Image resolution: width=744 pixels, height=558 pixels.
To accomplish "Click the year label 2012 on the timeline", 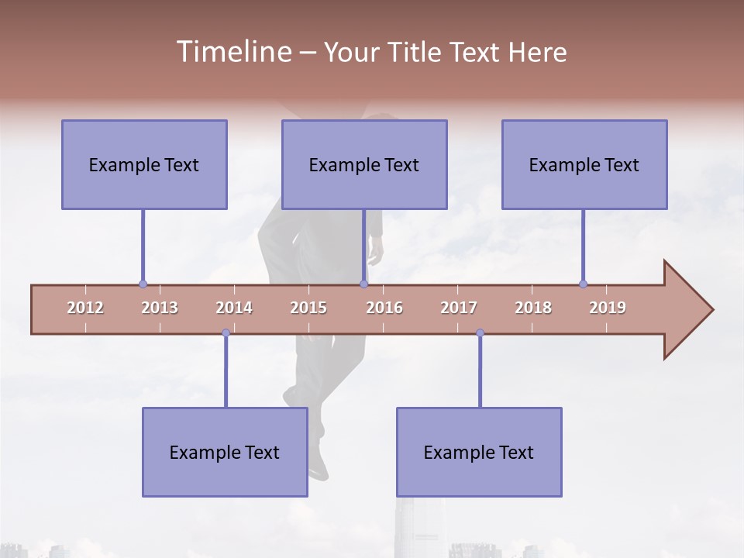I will coord(85,308).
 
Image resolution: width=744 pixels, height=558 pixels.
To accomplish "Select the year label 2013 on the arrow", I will coord(160,308).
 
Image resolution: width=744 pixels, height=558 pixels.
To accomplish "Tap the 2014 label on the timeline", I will coord(234,308).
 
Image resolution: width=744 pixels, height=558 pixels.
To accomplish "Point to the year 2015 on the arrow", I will coord(308,308).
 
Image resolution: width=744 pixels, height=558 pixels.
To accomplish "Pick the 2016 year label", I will coord(384,308).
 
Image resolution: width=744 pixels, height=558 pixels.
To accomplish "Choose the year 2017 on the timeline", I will coord(459,308).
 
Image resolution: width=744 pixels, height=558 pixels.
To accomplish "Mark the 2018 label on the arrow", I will coord(533,308).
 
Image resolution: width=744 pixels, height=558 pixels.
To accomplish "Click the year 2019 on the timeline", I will coord(608,308).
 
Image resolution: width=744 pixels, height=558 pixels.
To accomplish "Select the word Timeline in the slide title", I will coord(232,52).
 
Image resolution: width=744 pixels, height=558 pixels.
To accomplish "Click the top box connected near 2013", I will coord(144,164).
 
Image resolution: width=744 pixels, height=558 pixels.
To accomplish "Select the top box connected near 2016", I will coord(364,164).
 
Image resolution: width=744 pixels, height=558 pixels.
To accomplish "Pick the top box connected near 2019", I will coord(584,164).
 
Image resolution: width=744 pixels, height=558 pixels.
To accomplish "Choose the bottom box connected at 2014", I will coord(225,452).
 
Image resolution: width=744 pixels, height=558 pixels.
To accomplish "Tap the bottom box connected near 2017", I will coord(479,452).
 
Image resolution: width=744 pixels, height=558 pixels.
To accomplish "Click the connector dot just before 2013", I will coord(143,284).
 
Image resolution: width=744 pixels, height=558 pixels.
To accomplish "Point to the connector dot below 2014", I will coord(226,333).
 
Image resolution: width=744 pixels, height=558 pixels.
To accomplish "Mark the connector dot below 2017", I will coord(480,333).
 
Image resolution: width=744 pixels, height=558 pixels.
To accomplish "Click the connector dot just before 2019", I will coord(583,284).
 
